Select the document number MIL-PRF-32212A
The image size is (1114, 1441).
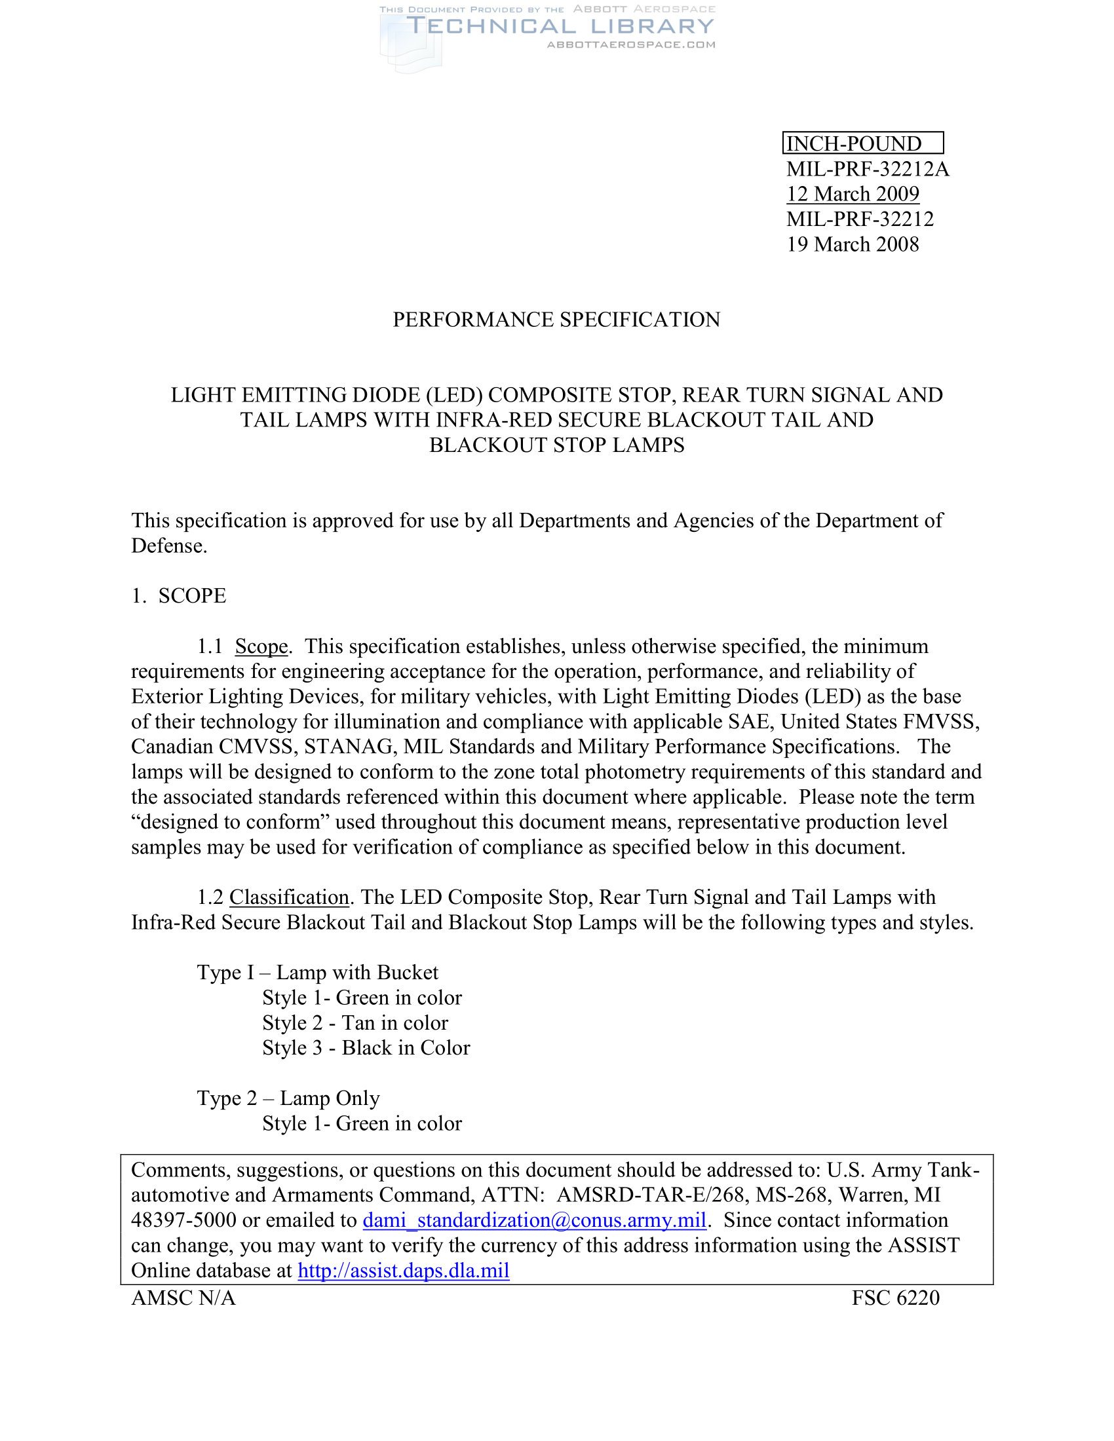(x=867, y=169)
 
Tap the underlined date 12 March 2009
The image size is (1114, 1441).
(x=852, y=194)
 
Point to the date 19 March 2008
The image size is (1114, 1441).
(x=852, y=244)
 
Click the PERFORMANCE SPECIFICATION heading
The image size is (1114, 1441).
(x=556, y=320)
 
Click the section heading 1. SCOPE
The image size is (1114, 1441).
(x=179, y=595)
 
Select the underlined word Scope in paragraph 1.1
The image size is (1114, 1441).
(x=261, y=646)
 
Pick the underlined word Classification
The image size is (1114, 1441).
(x=289, y=897)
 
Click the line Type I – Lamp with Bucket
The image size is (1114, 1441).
(x=317, y=973)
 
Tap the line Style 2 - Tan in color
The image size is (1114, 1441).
(x=355, y=1022)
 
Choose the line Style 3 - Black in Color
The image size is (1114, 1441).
(x=366, y=1048)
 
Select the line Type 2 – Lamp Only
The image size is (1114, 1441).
(x=288, y=1098)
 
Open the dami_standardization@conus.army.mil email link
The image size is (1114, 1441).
(x=535, y=1220)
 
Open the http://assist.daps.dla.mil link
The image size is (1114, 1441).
(x=403, y=1270)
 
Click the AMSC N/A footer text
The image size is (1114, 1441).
(x=183, y=1298)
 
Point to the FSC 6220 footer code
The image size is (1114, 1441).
(x=895, y=1298)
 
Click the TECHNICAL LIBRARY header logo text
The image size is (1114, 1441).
(x=560, y=26)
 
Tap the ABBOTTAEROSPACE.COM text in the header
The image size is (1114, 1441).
(x=631, y=45)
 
